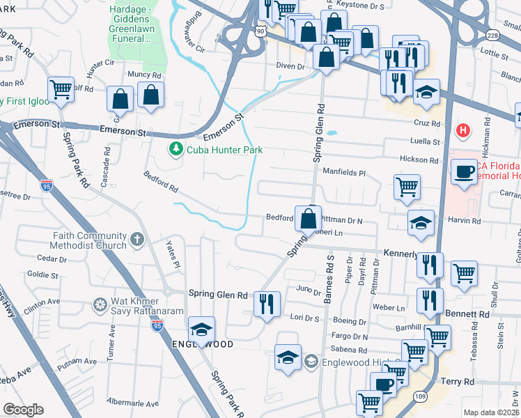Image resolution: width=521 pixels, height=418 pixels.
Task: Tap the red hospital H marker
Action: pyautogui.click(x=462, y=130)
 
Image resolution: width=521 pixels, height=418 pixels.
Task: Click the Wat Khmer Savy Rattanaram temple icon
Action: pyautogui.click(x=101, y=304)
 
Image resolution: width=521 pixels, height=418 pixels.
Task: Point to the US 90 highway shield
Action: pyautogui.click(x=260, y=31)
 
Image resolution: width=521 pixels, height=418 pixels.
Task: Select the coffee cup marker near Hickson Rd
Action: pyautogui.click(x=463, y=171)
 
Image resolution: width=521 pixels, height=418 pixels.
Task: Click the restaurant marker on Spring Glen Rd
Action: pyautogui.click(x=267, y=303)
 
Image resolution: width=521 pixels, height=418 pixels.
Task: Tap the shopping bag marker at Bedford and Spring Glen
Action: pyautogui.click(x=307, y=219)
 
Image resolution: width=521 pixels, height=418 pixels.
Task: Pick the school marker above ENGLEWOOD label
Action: pyautogui.click(x=201, y=329)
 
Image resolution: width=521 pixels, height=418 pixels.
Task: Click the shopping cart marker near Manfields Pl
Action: pyautogui.click(x=407, y=186)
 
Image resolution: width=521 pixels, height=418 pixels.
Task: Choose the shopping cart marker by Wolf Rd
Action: pyautogui.click(x=61, y=88)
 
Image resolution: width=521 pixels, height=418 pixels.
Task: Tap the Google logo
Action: pyautogui.click(x=23, y=410)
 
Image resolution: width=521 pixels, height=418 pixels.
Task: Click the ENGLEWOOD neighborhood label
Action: pyautogui.click(x=201, y=345)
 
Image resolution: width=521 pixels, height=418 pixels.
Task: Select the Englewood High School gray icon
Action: pyautogui.click(x=311, y=362)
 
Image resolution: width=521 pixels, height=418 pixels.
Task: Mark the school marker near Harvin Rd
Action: pyautogui.click(x=421, y=223)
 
